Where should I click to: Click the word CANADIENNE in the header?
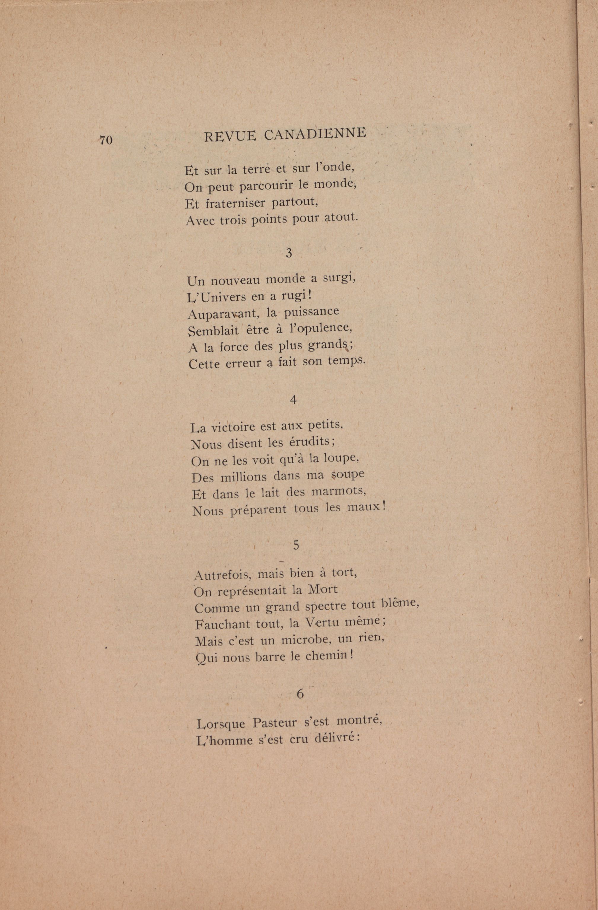pyautogui.click(x=315, y=134)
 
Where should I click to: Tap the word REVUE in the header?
pyautogui.click(x=230, y=136)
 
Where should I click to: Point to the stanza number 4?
pyautogui.click(x=293, y=400)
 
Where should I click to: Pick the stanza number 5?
pyautogui.click(x=296, y=546)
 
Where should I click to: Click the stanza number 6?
pyautogui.click(x=300, y=693)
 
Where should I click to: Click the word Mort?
pyautogui.click(x=323, y=589)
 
